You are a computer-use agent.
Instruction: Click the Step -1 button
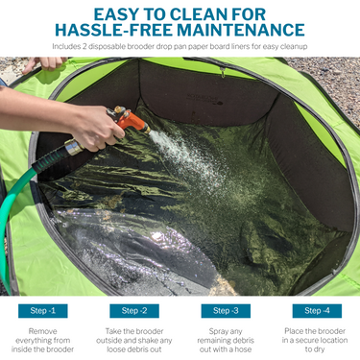pyautogui.click(x=43, y=311)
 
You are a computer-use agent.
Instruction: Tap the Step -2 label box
pyautogui.click(x=134, y=311)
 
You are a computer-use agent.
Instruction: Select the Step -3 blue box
pyautogui.click(x=226, y=311)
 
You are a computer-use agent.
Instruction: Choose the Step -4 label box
pyautogui.click(x=317, y=311)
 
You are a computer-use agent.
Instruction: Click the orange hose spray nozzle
pyautogui.click(x=129, y=120)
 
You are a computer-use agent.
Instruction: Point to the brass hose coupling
pyautogui.click(x=74, y=147)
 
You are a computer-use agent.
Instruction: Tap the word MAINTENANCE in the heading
pyautogui.click(x=241, y=30)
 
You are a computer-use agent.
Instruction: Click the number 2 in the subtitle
pyautogui.click(x=84, y=47)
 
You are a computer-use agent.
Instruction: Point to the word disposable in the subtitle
pyautogui.click(x=107, y=47)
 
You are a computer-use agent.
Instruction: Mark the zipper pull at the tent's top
pyautogui.click(x=223, y=73)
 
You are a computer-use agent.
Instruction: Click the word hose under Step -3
pyautogui.click(x=243, y=349)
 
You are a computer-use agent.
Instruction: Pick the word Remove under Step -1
pyautogui.click(x=42, y=331)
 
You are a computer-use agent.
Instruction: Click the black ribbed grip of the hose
pyautogui.click(x=51, y=161)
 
